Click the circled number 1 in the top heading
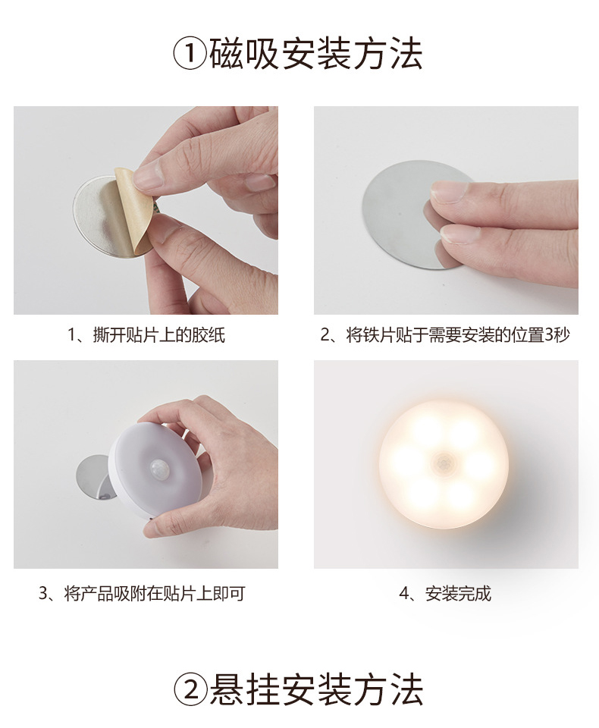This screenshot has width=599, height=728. tap(190, 54)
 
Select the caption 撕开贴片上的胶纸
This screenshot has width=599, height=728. tap(158, 334)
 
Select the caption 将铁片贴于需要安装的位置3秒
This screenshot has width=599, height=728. tap(457, 334)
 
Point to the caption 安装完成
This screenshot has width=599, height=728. tap(458, 593)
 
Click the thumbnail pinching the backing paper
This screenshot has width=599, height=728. tap(148, 177)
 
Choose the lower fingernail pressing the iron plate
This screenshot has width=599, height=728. tap(457, 234)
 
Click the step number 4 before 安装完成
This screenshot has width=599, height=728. tap(404, 594)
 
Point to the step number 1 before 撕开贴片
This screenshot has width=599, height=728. tap(73, 335)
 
